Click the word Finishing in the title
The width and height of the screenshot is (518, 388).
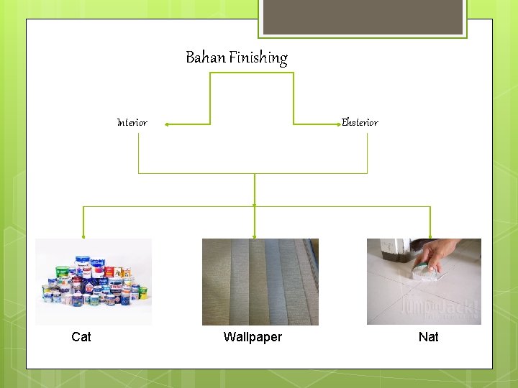point(258,58)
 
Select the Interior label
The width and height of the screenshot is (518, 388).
point(132,123)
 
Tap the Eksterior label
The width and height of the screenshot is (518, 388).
point(360,123)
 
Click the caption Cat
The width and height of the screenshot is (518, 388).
point(81,337)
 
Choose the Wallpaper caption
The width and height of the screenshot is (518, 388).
point(253,337)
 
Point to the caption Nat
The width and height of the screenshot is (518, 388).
point(428,337)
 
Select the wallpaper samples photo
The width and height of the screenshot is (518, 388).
point(260,282)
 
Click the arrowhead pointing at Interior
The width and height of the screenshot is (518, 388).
point(166,124)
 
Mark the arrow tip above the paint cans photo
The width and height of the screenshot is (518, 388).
point(83,235)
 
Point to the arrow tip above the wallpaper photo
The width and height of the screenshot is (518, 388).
point(255,235)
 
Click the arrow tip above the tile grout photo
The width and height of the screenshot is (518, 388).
point(430,235)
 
